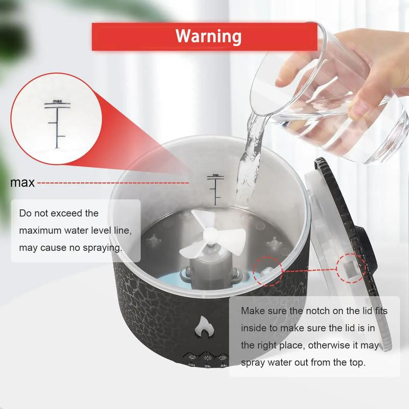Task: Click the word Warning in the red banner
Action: pos(208,36)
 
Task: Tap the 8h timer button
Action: pos(223,359)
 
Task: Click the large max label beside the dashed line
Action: pos(23,183)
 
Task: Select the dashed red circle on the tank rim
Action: pos(266,271)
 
